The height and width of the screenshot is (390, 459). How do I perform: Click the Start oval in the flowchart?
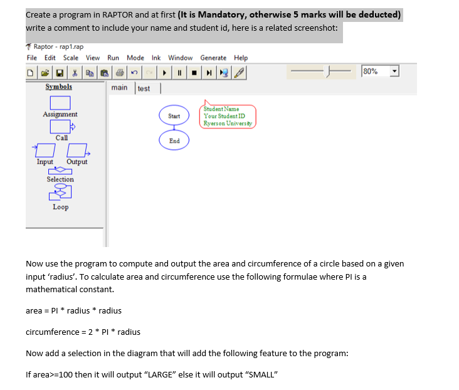(174, 116)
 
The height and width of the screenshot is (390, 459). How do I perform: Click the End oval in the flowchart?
(174, 141)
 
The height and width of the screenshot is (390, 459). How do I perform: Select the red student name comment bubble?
(228, 116)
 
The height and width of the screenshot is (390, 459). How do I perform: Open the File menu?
(32, 58)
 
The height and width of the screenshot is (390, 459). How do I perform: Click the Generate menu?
(213, 58)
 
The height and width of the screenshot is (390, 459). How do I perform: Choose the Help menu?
(241, 58)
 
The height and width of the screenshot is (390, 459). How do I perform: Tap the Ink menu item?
(156, 58)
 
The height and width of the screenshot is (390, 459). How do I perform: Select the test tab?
(144, 88)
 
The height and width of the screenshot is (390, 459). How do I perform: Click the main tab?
(119, 88)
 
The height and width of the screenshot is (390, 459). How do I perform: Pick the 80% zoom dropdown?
(380, 71)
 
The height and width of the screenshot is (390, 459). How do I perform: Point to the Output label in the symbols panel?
(76, 162)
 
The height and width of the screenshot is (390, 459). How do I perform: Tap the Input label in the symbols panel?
(45, 162)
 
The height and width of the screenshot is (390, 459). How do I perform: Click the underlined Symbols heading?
(59, 87)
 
